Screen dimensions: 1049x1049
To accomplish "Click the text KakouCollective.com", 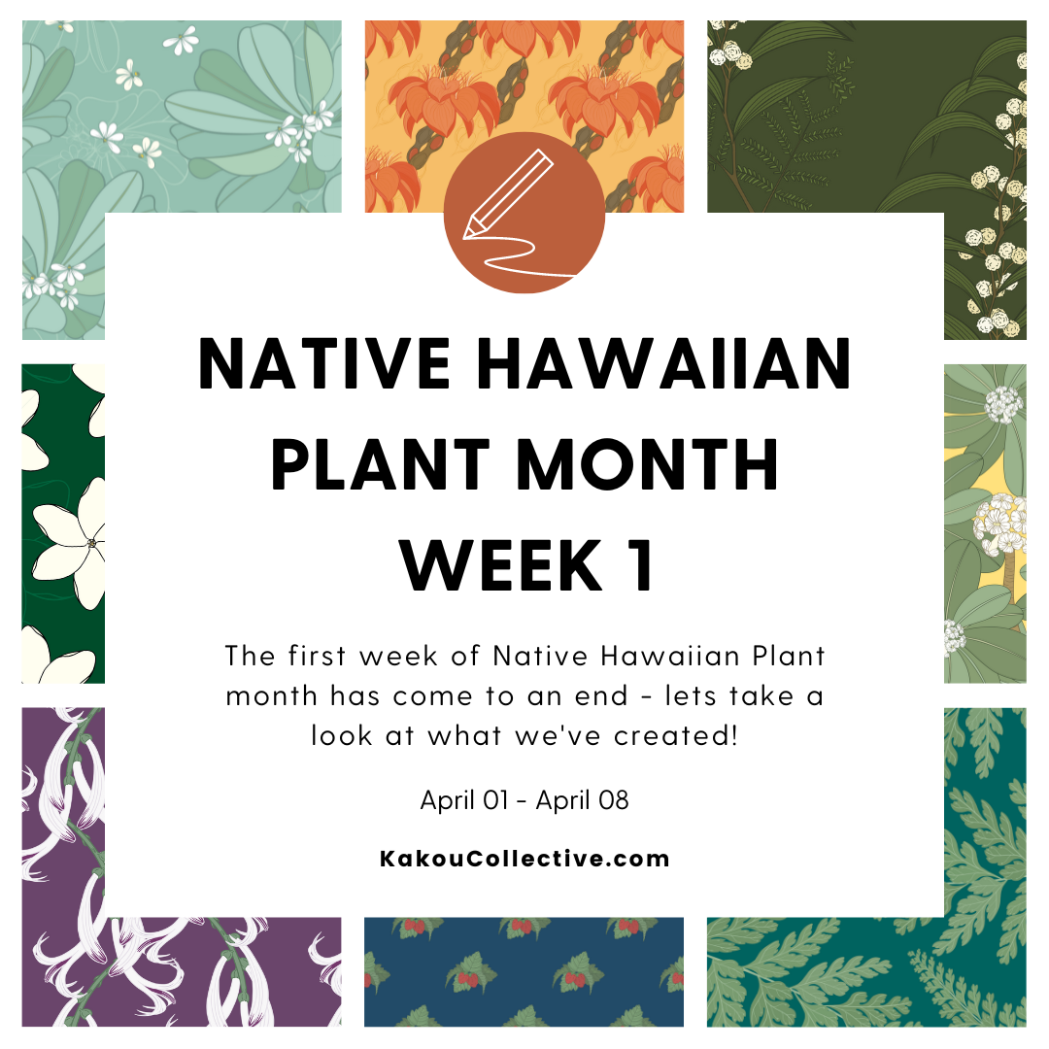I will (524, 859).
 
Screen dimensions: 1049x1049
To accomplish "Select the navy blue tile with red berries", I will (524, 971).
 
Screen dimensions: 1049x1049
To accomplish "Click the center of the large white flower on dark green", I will (90, 543).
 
